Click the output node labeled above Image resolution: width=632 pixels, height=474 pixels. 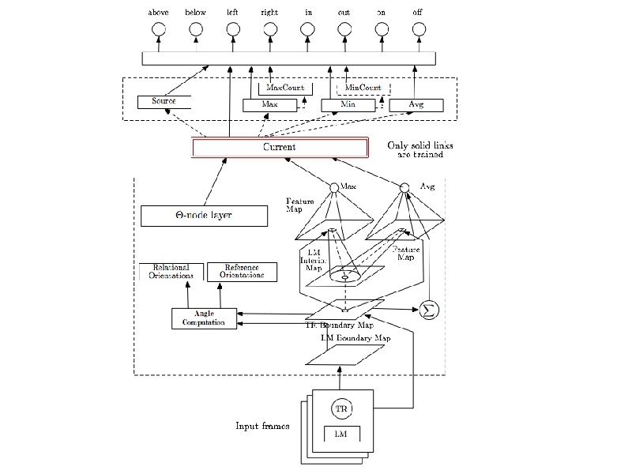[x=158, y=29]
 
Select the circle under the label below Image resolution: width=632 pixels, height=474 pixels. [x=195, y=29]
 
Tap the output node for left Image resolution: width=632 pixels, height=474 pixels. [x=232, y=29]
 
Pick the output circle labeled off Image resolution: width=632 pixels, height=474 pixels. [x=418, y=29]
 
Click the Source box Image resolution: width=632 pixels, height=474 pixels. [x=164, y=102]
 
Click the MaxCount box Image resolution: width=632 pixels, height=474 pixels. [x=285, y=88]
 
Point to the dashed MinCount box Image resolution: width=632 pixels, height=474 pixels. [x=363, y=88]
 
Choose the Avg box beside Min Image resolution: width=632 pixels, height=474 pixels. [x=416, y=105]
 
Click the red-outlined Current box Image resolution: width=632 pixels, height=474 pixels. [x=280, y=148]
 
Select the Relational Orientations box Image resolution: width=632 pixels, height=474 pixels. [x=171, y=272]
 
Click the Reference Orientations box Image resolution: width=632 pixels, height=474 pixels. [x=243, y=272]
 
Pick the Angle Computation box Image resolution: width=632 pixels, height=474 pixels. [x=204, y=318]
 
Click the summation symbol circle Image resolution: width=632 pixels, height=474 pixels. [x=430, y=309]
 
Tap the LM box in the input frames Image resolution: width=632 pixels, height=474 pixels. [x=342, y=434]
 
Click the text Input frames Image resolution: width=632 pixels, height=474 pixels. [x=262, y=427]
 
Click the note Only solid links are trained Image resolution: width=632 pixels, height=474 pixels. [x=415, y=150]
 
